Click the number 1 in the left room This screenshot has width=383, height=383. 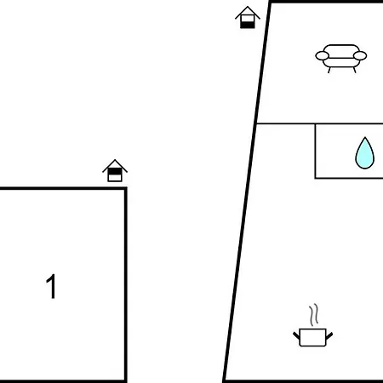point(51,286)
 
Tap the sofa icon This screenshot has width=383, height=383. point(341,59)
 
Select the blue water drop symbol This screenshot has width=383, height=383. point(365,153)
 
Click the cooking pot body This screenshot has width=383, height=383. point(312,337)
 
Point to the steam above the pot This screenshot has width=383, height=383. point(313,315)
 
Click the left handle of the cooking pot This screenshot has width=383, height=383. point(296,335)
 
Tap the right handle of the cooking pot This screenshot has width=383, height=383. point(329,335)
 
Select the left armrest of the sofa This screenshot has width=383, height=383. point(323,56)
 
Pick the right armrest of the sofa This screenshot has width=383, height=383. point(360,56)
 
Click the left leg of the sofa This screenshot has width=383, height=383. point(329,70)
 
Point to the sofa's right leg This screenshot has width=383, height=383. point(354,70)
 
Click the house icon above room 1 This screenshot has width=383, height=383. point(115,170)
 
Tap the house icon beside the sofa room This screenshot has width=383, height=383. point(248,17)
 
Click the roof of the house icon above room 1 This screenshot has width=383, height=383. point(115,164)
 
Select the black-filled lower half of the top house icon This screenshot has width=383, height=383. point(248,25)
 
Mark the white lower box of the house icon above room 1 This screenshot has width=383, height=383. point(115,178)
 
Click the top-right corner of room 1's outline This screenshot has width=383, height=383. point(126,188)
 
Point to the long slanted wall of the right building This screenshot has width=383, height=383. point(247,191)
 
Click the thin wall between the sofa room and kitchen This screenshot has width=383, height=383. point(319,123)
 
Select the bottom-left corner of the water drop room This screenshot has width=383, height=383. point(316,178)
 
